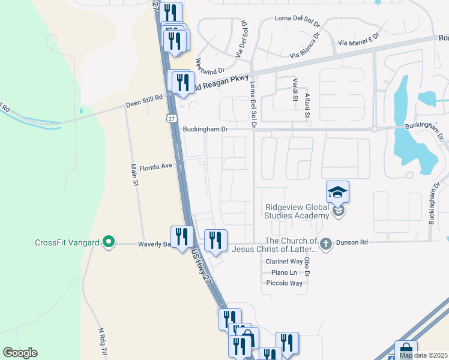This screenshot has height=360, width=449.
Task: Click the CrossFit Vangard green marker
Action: pos(108,242)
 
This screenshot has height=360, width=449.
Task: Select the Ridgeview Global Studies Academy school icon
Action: pos(337,193)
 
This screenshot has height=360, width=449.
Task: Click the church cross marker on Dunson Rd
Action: pos(326,244)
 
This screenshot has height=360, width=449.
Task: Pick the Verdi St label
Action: pos(295,89)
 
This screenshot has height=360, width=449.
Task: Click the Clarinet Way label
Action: pos(284,262)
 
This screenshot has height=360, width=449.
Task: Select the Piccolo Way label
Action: pos(284,283)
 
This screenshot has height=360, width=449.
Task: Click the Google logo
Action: pos(20,353)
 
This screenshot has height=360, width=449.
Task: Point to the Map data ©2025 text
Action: pos(423,355)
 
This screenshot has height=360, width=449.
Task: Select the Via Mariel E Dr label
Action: pos(359,40)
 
